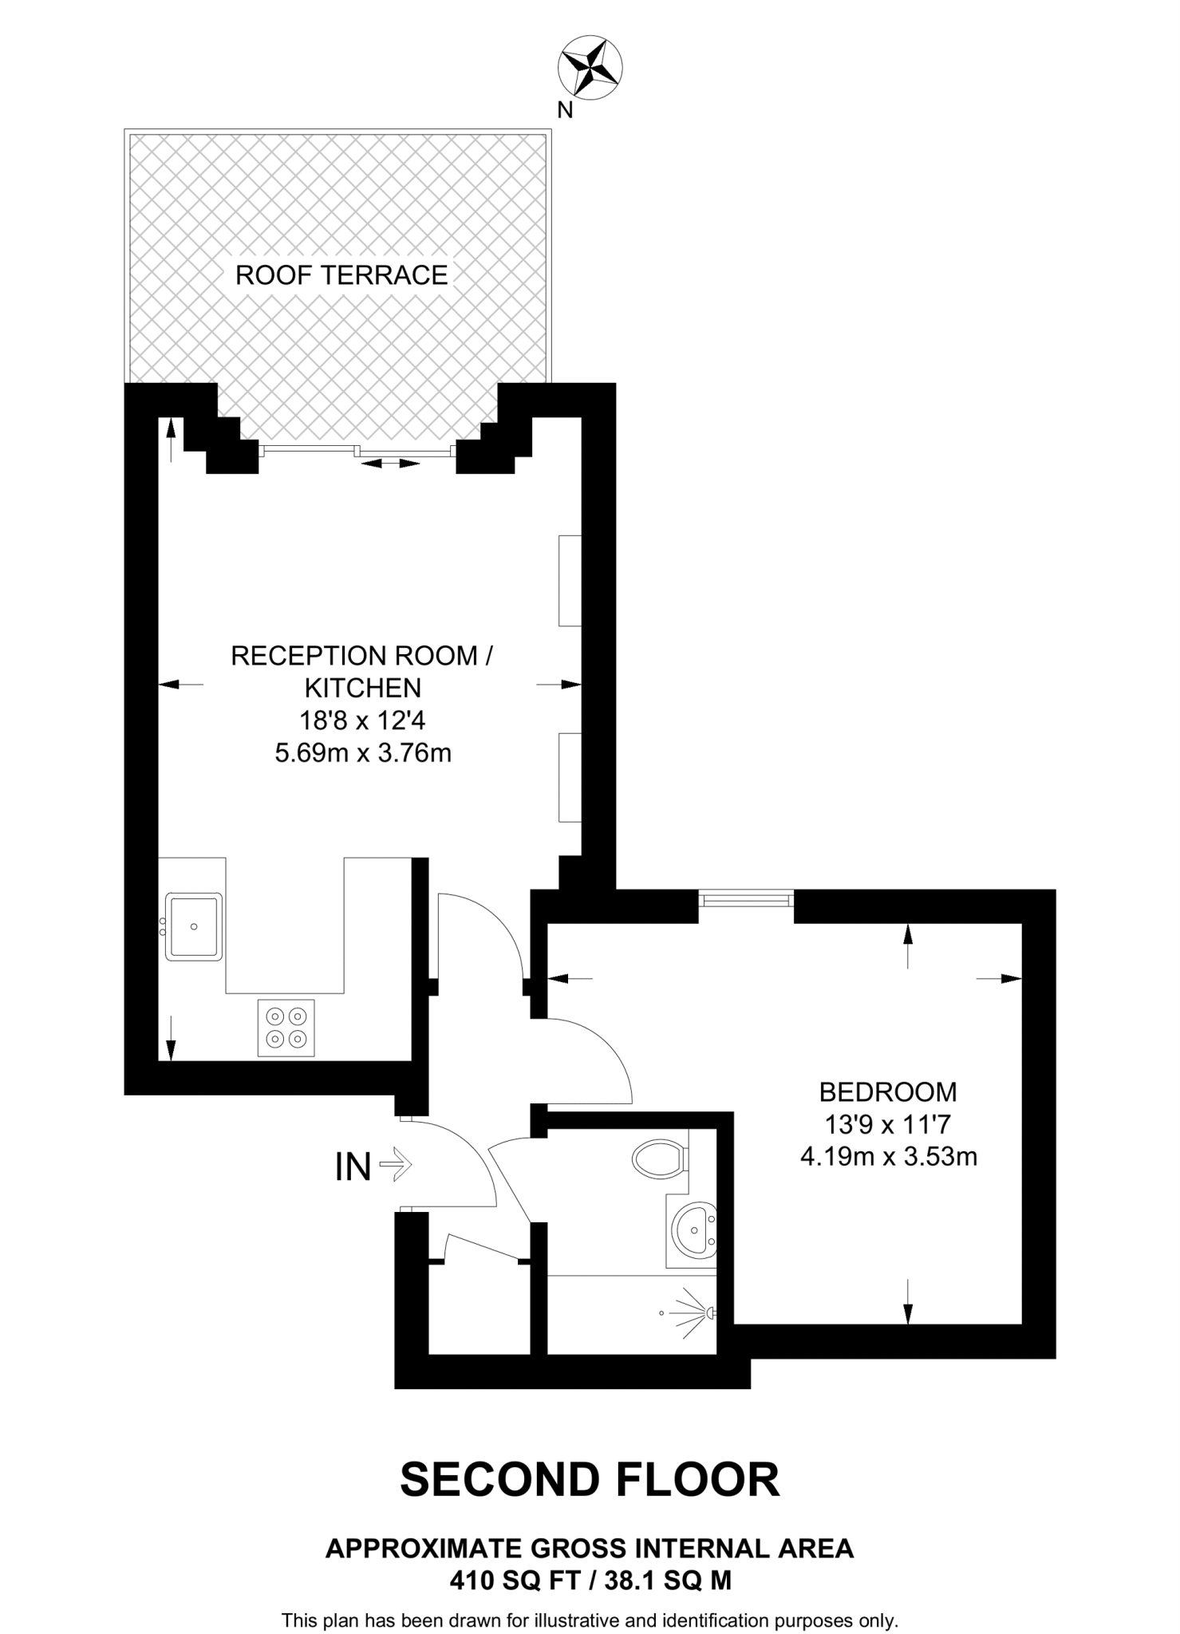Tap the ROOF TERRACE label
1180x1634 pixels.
(341, 275)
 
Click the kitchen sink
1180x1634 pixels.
(194, 926)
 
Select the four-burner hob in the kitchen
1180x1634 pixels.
(286, 1028)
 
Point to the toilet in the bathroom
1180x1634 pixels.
(658, 1157)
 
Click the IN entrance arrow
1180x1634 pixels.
(395, 1166)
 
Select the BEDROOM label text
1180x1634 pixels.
(888, 1091)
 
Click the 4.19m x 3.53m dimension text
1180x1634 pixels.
(888, 1156)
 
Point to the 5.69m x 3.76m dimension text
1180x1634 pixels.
(363, 752)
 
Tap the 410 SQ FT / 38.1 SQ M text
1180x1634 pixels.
(590, 1581)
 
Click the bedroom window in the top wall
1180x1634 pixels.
(746, 899)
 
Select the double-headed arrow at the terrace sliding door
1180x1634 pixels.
(389, 463)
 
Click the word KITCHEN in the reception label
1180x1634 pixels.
(363, 688)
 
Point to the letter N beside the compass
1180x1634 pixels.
(565, 110)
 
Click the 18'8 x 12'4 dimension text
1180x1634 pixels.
(363, 720)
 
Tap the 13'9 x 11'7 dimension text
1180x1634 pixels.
(888, 1124)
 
